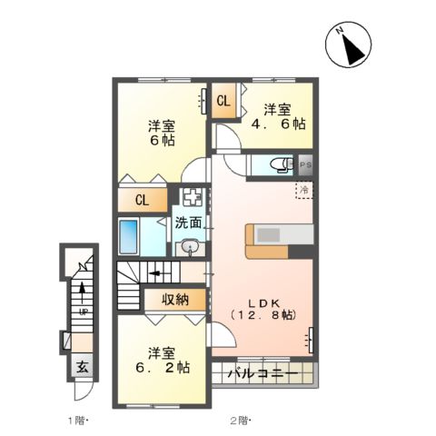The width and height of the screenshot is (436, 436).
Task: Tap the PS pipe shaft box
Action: click(306, 165)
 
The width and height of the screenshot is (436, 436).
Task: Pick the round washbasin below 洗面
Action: click(190, 246)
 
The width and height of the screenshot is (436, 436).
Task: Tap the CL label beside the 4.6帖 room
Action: click(223, 101)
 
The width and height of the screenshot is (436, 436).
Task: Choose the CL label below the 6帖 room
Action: click(143, 201)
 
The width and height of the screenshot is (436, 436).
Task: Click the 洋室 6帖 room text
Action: click(163, 134)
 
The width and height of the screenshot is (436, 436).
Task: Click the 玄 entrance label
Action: click(80, 368)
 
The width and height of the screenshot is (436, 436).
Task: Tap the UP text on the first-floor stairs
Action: click(83, 312)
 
